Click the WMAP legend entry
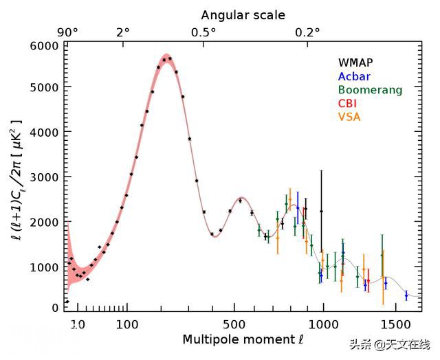tap(355, 63)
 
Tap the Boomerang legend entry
tap(370, 90)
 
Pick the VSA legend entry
tap(349, 117)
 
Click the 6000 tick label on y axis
tap(46, 45)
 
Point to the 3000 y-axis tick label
tap(46, 177)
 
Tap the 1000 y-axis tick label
tap(46, 265)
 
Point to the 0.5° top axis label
tap(203, 32)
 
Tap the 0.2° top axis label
tap(307, 32)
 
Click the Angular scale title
tap(243, 14)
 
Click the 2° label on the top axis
tap(122, 32)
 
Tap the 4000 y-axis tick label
tap(46, 133)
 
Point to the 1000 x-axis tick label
tap(322, 323)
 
